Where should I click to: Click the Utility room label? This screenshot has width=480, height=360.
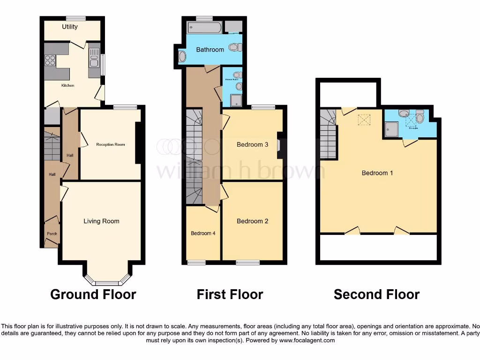(70, 27)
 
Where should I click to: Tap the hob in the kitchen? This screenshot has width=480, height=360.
(50, 60)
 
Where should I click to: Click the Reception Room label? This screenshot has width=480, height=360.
(111, 144)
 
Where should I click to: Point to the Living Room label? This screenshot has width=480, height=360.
(101, 221)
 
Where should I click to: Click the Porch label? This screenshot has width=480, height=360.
(51, 233)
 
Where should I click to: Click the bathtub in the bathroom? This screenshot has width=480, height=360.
(204, 28)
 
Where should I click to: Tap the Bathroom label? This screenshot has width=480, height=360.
(210, 49)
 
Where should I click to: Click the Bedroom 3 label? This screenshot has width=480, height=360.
(252, 144)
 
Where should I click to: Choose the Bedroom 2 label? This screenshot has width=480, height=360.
(252, 221)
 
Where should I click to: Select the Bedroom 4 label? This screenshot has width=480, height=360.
(203, 233)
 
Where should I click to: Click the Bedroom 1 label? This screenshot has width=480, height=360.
(377, 173)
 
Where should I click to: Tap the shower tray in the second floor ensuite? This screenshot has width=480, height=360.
(391, 129)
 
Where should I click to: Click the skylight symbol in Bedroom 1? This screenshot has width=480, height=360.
(364, 120)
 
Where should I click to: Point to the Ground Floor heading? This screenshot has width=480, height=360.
(93, 294)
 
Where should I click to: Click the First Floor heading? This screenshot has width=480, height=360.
(230, 294)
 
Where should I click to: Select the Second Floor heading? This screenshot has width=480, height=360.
(376, 294)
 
